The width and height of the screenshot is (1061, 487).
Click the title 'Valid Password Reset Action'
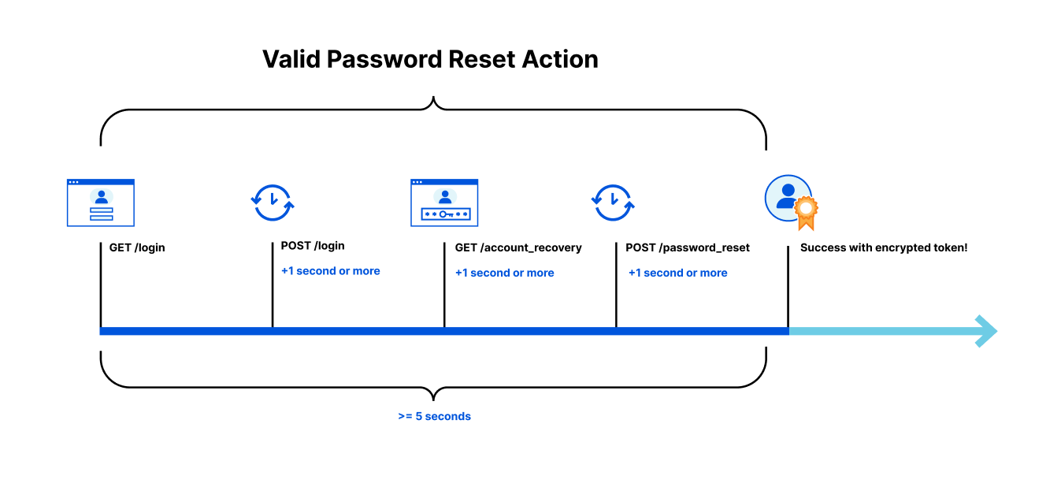coord(430,60)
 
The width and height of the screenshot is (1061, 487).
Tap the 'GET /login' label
coord(137,247)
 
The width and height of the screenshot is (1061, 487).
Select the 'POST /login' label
coord(313,246)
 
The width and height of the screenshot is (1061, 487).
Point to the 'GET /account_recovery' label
coord(518,247)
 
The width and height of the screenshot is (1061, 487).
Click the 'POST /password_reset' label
coord(688,247)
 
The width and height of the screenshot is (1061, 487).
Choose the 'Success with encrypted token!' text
coord(884,247)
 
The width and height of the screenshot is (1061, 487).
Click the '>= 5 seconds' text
coord(434,416)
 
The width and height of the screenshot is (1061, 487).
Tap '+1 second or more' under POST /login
coord(331,271)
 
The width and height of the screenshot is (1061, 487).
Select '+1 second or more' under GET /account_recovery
coord(504,273)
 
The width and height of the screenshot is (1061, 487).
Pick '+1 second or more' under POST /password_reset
coord(678,273)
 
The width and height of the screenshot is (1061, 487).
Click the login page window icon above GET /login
coord(101,203)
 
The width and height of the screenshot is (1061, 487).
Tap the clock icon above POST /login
coord(273,203)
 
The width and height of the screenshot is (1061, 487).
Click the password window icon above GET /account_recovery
coord(444,203)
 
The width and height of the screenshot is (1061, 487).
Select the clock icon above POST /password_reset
coord(613,203)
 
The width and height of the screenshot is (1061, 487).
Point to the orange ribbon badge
coord(806,214)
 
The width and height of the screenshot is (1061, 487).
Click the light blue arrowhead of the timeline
coord(987,331)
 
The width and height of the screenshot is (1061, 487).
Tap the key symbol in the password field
coord(446,214)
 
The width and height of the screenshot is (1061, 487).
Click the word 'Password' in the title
coord(384,60)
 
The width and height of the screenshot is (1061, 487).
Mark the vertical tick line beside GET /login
coord(101,284)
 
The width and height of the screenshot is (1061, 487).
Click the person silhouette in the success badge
coord(786,196)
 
